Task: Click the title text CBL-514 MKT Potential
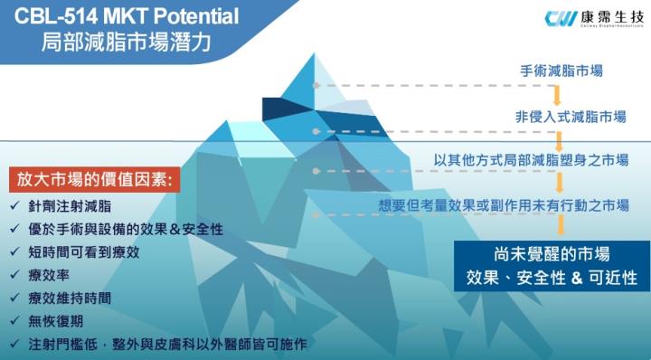coord(127,15)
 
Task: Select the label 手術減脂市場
coord(561,71)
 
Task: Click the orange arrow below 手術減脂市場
coord(557,94)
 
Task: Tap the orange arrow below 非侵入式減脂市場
coord(557,138)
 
